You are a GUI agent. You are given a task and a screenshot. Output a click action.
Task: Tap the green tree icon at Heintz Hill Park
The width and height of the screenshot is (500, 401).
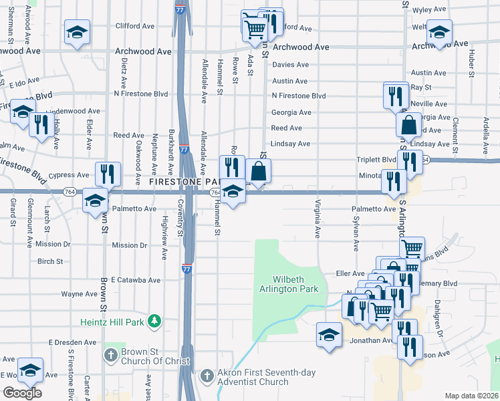[155, 322]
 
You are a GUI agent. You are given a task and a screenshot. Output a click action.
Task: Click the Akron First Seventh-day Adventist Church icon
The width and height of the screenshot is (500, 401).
[207, 375]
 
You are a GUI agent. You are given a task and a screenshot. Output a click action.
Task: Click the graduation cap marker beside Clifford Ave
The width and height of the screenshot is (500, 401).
[77, 31]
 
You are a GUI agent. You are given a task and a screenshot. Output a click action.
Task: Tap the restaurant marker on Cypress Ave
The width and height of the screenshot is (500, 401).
[107, 174]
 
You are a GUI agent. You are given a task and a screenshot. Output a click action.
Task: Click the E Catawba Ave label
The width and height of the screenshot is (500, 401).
[136, 279]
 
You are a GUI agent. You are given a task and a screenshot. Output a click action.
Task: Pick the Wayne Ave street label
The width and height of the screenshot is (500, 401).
[80, 293]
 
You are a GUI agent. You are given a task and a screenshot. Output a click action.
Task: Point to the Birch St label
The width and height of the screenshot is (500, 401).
[50, 261]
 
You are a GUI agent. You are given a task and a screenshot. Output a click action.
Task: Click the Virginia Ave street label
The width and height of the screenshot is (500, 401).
[317, 219]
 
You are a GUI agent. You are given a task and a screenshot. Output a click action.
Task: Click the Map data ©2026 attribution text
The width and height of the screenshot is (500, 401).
[471, 396]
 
